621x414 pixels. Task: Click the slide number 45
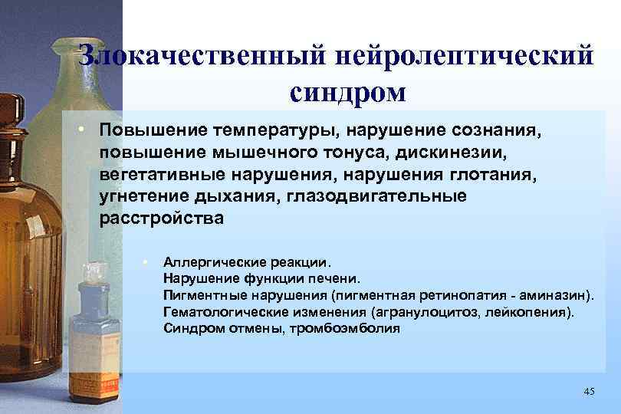tap(589, 392)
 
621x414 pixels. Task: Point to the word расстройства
tap(162, 219)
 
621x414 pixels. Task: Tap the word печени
tap(332, 278)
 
